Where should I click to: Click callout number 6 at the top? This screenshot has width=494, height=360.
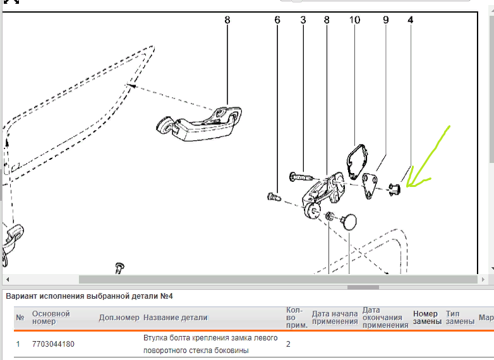277,20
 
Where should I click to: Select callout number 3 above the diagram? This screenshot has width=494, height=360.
303,20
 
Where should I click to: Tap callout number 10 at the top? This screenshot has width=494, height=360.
354,20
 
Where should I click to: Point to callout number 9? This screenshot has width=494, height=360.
385,20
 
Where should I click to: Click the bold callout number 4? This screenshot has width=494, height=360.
411,20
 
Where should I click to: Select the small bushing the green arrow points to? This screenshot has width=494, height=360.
394,188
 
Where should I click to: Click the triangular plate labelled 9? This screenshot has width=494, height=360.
373,184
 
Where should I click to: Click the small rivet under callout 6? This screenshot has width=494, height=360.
274,198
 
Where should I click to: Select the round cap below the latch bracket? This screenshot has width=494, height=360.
348,222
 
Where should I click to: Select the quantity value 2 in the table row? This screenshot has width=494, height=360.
288,344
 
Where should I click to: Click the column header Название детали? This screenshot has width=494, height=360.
175,317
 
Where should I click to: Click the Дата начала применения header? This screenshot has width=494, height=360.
334,317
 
